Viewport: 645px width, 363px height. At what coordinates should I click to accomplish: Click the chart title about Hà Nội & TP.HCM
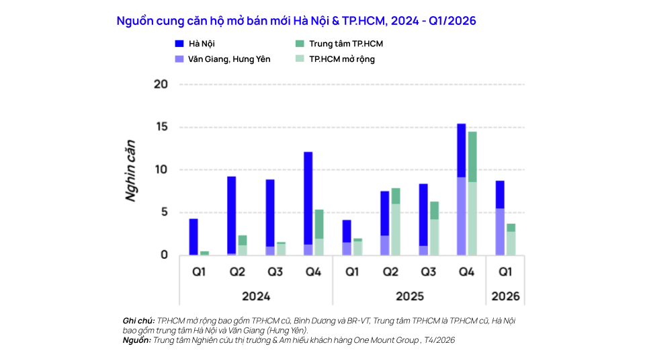296,21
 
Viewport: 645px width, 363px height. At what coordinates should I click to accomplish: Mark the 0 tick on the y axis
163,255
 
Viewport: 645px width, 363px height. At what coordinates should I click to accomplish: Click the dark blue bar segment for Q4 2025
461,151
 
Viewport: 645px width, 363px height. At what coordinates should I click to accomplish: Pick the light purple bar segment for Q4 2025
461,216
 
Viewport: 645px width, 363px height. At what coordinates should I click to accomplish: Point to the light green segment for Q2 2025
396,229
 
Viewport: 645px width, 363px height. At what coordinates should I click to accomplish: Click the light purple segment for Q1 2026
499,232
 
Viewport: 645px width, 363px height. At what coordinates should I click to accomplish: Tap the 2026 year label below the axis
505,296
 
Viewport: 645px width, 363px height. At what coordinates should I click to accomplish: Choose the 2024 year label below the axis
256,296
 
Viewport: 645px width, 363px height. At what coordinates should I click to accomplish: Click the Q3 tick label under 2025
428,272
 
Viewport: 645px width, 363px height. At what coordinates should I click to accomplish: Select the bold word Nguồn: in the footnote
138,340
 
